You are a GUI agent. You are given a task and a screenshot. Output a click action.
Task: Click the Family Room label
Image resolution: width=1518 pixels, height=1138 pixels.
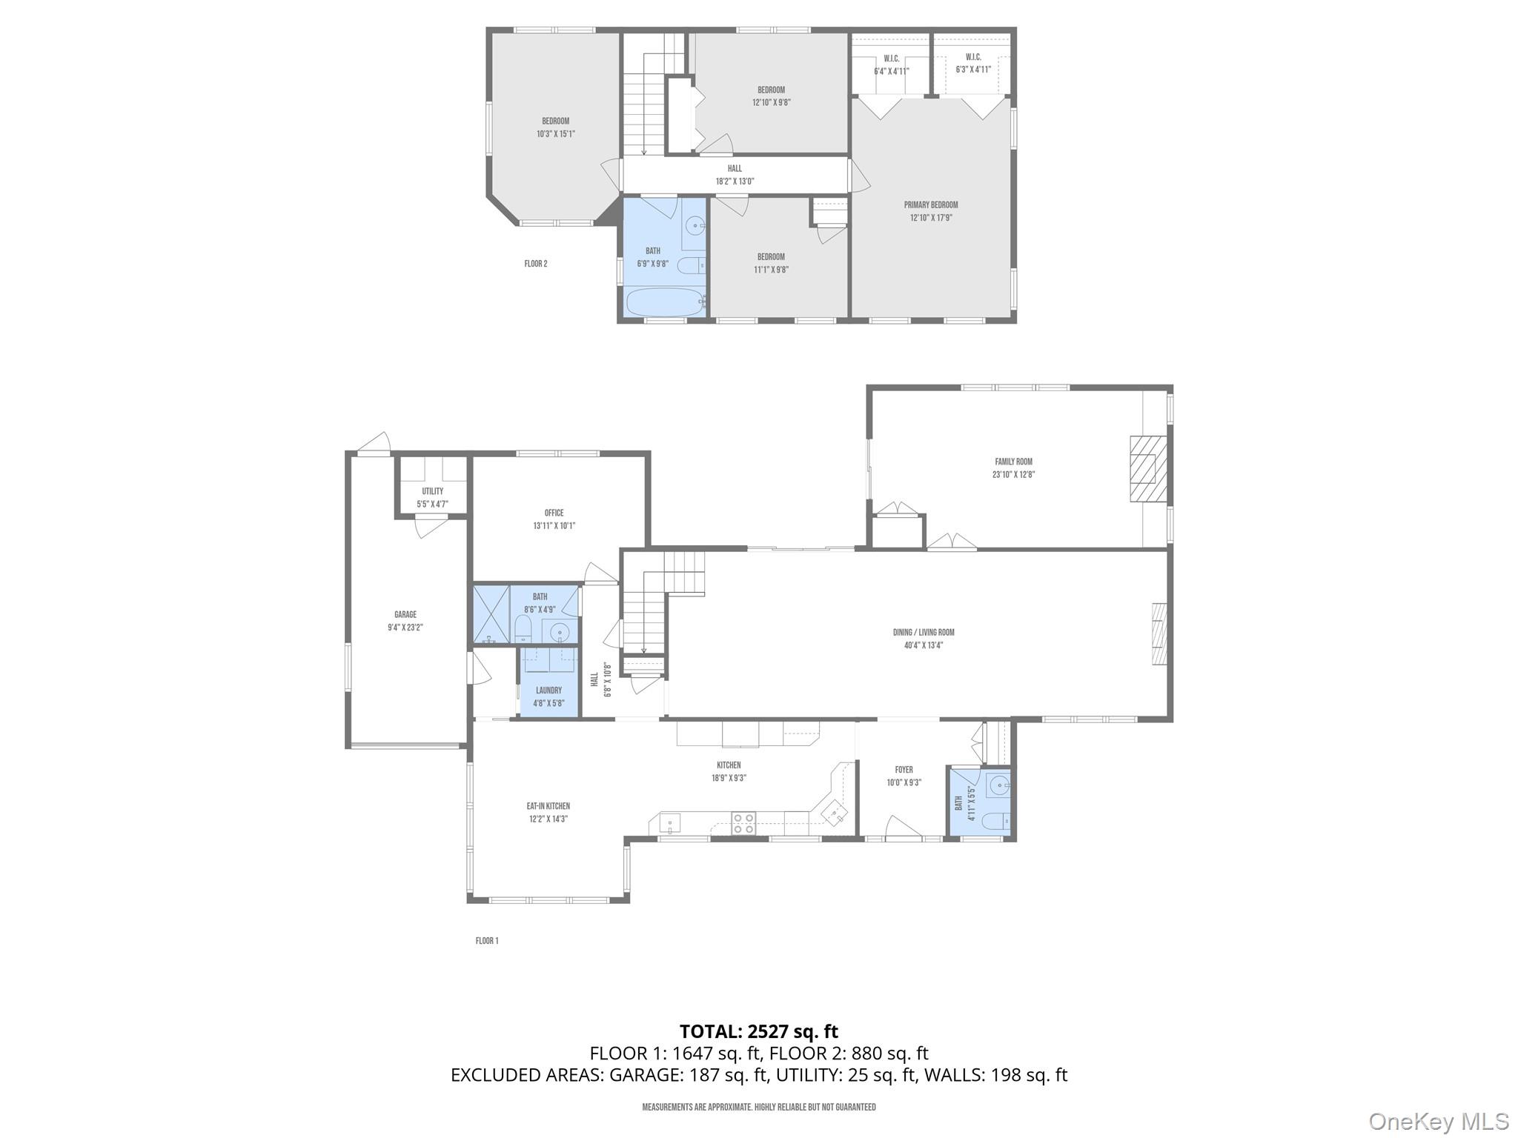click(1013, 462)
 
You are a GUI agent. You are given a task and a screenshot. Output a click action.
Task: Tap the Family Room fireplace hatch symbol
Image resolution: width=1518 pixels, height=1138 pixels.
click(1147, 469)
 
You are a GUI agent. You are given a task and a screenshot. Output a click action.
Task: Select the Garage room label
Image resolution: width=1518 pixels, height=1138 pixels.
click(405, 614)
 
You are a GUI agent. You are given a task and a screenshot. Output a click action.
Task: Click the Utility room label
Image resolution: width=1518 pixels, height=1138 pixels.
click(432, 491)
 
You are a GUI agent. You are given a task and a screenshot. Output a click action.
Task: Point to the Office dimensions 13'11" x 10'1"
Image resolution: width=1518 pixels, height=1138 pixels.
click(554, 525)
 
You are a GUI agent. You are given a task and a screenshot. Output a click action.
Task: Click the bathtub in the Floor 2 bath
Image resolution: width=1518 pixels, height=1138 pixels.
click(665, 302)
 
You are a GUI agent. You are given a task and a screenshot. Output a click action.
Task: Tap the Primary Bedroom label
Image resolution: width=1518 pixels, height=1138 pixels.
click(930, 205)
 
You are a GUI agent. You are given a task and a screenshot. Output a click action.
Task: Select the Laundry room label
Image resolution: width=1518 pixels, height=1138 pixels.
click(548, 691)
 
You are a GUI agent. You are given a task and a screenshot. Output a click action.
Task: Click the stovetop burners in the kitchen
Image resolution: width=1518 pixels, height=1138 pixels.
click(743, 824)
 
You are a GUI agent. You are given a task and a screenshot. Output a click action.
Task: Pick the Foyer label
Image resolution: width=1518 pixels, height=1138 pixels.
click(904, 770)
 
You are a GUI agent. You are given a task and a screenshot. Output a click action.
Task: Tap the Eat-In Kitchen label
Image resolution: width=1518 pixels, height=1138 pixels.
click(548, 806)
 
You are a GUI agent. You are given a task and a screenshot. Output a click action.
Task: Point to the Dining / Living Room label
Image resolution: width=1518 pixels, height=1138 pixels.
click(923, 633)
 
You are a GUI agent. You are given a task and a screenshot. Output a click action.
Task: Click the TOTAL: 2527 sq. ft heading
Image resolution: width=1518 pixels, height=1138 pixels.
click(758, 1031)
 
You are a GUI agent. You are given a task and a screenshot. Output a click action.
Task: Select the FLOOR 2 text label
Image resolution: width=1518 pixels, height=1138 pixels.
click(535, 264)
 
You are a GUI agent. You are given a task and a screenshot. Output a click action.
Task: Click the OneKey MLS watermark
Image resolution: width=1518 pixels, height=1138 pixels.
click(1438, 1121)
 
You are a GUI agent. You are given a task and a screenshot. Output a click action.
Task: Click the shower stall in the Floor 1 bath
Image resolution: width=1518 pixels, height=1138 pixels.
click(491, 613)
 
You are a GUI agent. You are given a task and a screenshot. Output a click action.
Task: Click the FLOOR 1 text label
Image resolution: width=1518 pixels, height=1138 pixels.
click(486, 941)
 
